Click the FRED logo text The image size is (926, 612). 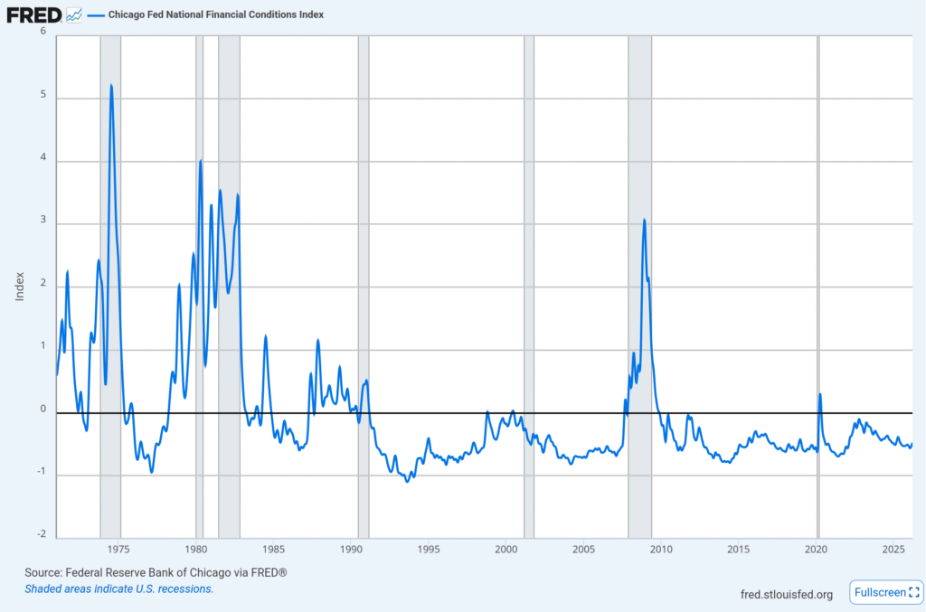pos(34,14)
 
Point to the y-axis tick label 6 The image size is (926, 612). pos(43,31)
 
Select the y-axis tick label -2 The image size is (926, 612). pos(41,533)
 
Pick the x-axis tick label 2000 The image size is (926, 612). pos(506,550)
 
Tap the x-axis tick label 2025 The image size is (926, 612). pos(893,550)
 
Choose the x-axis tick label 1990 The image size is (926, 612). pos(352,550)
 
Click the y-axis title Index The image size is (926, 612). pos(20,286)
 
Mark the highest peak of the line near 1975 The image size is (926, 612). pos(110,85)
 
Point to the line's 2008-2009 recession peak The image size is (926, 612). pos(644,219)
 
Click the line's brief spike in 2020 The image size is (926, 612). pos(819,394)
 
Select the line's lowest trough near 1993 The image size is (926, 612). pos(407,481)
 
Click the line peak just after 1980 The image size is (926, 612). pos(201,160)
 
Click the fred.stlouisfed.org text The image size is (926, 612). pos(786,594)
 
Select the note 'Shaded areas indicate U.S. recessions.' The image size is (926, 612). pos(118,588)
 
